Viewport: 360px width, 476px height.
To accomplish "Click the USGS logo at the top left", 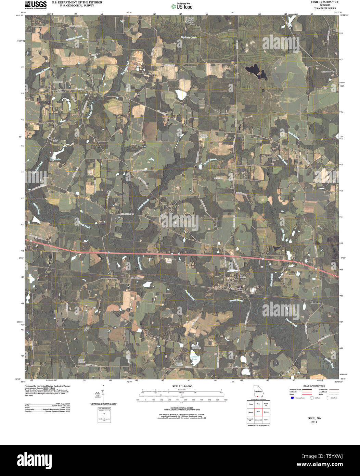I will pyautogui.click(x=36, y=4).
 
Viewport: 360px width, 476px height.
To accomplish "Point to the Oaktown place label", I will pyautogui.click(x=61, y=92).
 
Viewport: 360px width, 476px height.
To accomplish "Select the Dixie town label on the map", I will pyautogui.click(x=243, y=276).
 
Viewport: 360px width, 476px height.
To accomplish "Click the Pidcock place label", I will pyautogui.click(x=136, y=277).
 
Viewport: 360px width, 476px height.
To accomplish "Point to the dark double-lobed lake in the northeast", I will pyautogui.click(x=257, y=71).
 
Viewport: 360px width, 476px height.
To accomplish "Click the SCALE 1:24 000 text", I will pyautogui.click(x=182, y=386).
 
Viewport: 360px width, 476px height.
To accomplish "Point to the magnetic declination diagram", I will pyautogui.click(x=103, y=394).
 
